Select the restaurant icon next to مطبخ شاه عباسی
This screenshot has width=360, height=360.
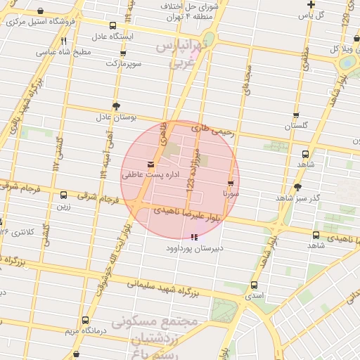point(64,41)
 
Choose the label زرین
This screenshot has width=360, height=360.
point(64,206)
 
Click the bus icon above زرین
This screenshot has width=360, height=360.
point(64,195)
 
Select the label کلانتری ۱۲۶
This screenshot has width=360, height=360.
point(16,231)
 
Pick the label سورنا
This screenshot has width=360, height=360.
point(231,192)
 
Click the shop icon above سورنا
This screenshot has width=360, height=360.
point(231,183)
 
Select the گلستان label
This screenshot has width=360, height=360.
point(297,126)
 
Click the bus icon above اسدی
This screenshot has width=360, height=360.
point(254,285)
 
